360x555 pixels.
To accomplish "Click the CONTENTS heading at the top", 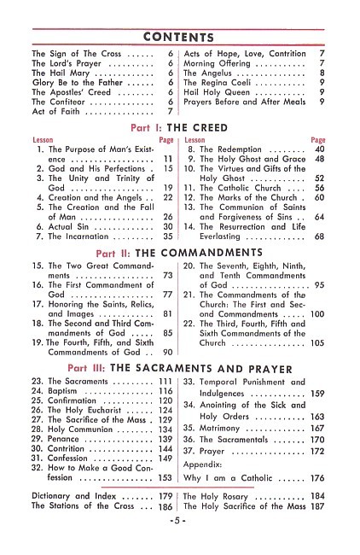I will tap(179, 38).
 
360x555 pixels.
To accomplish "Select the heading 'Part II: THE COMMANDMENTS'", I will tap(179, 253).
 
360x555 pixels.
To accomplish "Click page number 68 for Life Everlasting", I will tap(320, 237).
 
